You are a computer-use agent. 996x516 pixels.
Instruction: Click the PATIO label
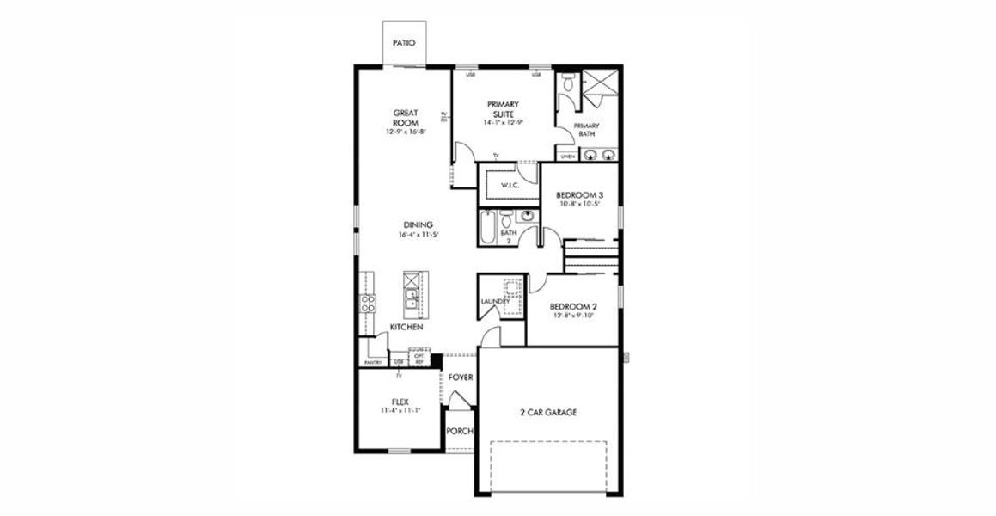pos(404,42)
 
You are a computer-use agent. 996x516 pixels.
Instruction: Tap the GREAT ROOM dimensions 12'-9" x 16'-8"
pos(406,132)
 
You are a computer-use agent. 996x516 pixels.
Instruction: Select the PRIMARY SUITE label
pos(503,109)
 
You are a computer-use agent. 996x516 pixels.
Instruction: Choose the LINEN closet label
pos(567,157)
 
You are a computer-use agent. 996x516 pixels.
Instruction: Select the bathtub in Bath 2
pos(486,228)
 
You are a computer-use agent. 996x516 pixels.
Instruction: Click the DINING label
pos(416,225)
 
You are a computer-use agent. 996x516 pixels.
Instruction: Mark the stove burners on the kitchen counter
pos(367,303)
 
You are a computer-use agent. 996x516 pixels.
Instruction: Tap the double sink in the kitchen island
pos(412,299)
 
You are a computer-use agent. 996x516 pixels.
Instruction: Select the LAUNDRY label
pos(495,302)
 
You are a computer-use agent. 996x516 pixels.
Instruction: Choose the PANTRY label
pos(373,363)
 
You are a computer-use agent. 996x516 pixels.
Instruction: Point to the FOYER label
pos(461,378)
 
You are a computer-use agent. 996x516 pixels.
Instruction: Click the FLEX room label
pos(400,402)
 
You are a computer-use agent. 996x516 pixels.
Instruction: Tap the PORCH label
pos(460,431)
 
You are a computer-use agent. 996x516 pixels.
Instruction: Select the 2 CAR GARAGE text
pos(547,413)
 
